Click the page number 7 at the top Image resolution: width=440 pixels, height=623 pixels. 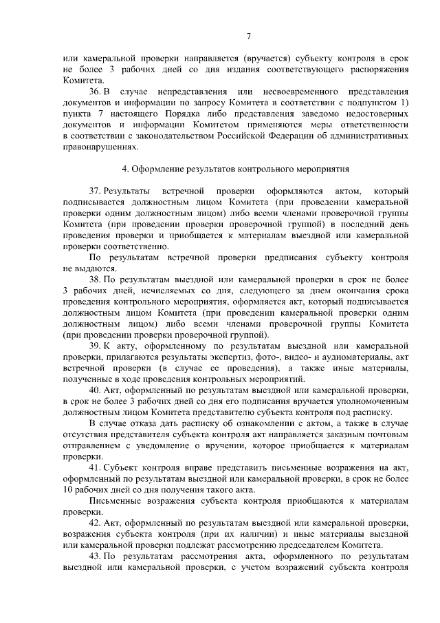tap(250, 37)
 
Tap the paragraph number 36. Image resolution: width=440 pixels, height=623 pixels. tap(96, 92)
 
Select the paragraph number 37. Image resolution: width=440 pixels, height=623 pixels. tap(96, 189)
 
